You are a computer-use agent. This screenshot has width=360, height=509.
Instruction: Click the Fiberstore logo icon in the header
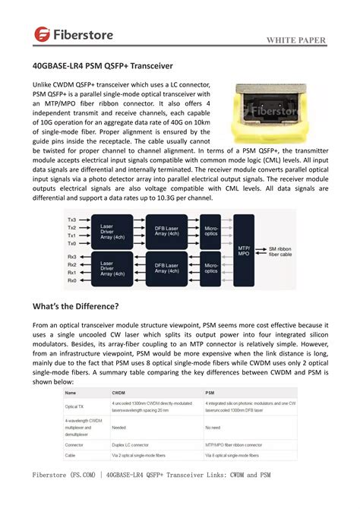[42, 33]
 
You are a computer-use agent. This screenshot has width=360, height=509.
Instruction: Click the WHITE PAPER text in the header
[297, 40]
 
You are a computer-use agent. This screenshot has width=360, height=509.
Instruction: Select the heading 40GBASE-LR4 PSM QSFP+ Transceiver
[108, 67]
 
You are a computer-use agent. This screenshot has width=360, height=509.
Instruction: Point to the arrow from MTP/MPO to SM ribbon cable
[262, 250]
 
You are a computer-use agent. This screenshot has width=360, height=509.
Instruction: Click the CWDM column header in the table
[118, 392]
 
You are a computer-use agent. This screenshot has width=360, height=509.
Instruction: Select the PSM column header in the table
[210, 392]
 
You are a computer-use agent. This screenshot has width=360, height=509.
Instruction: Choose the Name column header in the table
[71, 392]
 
